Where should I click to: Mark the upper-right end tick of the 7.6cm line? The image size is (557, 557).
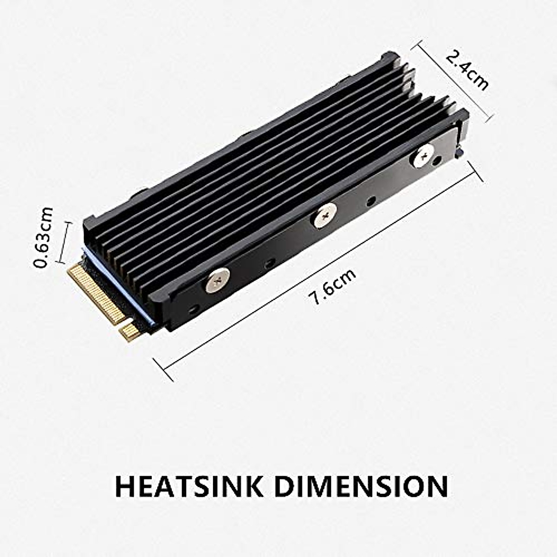(476, 171)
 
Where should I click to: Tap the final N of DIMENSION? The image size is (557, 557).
(436, 486)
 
